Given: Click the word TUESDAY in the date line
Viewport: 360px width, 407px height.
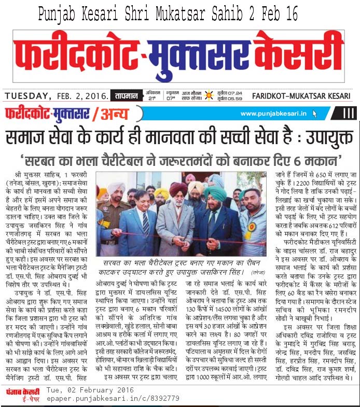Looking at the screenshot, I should click(x=27, y=95).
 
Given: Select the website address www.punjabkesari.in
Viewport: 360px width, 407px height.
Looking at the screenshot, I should click(x=273, y=114).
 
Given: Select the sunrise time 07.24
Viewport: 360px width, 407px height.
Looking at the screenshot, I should click(x=237, y=93).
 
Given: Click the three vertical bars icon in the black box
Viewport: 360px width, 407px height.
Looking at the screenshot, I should click(x=349, y=114).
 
